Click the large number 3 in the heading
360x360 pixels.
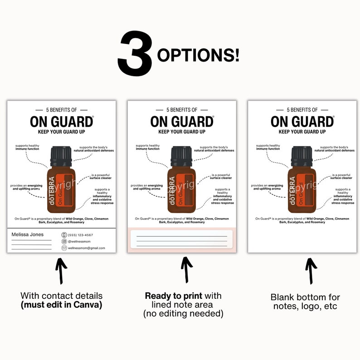(x=135, y=54)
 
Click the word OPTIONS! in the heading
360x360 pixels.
(x=198, y=55)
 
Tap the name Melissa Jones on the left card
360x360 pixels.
(x=27, y=234)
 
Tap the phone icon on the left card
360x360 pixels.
(x=64, y=235)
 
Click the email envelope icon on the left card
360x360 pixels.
(x=64, y=248)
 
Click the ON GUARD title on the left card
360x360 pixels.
(x=61, y=122)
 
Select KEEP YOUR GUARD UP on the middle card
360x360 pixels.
(x=181, y=132)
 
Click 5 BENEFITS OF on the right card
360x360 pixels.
(x=302, y=110)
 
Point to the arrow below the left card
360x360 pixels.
(x=61, y=271)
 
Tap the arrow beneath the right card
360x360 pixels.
(x=311, y=271)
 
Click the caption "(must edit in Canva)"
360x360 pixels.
(x=61, y=305)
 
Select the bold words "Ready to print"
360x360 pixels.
(x=168, y=296)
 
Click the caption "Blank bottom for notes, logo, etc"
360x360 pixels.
(x=305, y=302)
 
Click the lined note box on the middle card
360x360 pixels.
(x=182, y=239)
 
